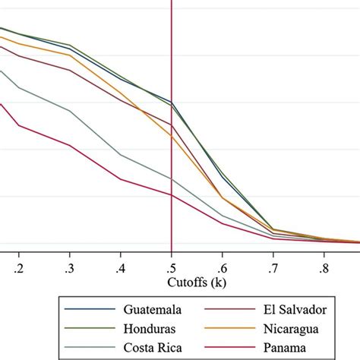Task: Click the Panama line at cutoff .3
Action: [x=70, y=145]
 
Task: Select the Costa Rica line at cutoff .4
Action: [x=121, y=155]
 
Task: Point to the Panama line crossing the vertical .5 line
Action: [x=172, y=195]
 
